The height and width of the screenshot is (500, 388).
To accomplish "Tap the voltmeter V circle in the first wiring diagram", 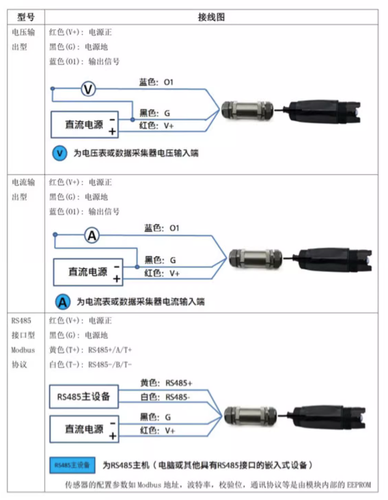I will (87, 88).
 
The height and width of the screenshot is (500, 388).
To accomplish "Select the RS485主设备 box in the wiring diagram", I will (83, 397).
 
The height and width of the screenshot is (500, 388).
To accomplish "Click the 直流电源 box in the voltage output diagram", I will (84, 124).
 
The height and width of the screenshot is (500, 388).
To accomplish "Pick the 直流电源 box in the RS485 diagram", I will (84, 429).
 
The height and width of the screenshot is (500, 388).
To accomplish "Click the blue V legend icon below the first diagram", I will (60, 153).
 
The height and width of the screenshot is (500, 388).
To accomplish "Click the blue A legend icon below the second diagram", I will (62, 301).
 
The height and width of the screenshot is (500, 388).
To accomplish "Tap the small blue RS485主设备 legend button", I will (72, 464).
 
